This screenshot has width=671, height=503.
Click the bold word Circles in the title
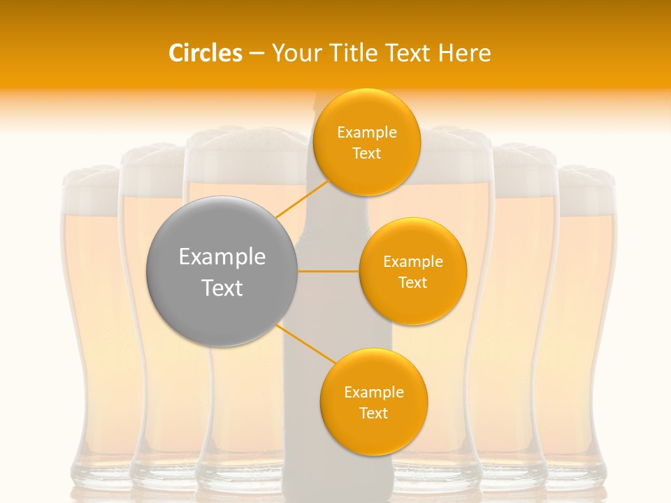tap(205, 53)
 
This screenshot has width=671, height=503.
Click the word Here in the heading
tap(465, 53)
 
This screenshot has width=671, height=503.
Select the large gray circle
tap(222, 271)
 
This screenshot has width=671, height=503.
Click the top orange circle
tap(366, 143)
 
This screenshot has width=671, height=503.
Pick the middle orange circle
tap(412, 272)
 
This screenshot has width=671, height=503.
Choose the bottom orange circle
tap(373, 402)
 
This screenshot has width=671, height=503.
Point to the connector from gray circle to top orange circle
tap(302, 198)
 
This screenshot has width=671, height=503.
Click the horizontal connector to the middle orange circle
tap(329, 271)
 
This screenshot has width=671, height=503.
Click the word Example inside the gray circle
tap(222, 257)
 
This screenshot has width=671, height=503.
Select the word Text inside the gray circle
tap(222, 288)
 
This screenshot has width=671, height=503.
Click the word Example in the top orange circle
tap(366, 133)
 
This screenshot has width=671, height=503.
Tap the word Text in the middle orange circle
tap(412, 283)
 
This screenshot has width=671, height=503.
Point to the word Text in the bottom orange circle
tap(373, 414)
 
